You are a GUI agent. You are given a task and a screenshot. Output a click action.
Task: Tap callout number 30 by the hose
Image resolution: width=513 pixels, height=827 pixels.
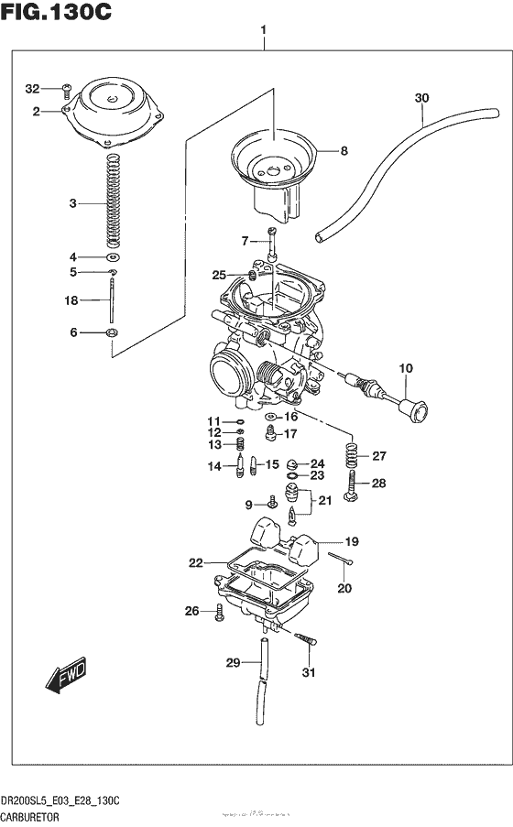(420, 98)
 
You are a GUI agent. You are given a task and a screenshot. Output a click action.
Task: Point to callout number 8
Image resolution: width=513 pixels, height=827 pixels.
(344, 151)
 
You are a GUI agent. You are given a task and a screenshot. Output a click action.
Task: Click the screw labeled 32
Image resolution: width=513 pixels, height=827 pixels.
(67, 89)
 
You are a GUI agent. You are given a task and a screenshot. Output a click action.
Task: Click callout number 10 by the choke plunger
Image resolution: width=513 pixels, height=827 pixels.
(405, 368)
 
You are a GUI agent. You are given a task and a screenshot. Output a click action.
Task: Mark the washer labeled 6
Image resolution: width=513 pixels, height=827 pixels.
(112, 332)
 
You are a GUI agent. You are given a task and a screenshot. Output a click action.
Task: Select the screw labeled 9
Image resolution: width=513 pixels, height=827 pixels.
(272, 503)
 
